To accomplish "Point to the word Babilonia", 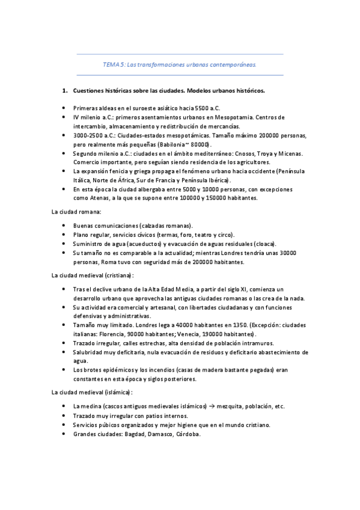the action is click(x=177, y=144).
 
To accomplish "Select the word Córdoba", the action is click(x=188, y=434).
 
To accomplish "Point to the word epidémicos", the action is click(x=114, y=370).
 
